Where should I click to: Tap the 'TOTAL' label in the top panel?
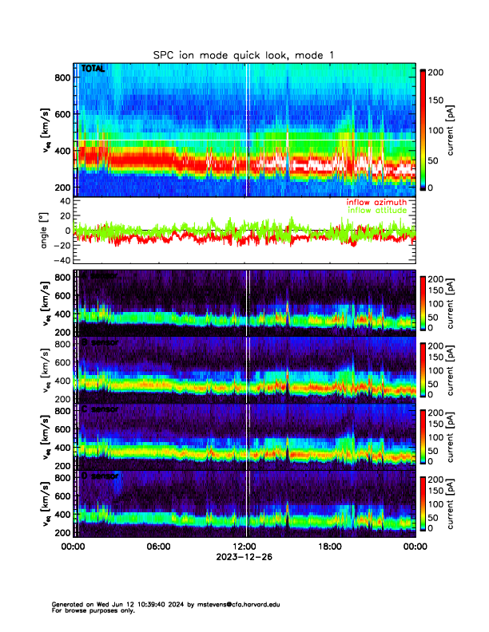click(x=93, y=69)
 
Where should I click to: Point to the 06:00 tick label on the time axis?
click(x=158, y=547)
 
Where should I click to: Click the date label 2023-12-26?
click(x=244, y=557)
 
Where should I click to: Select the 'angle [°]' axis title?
click(x=46, y=231)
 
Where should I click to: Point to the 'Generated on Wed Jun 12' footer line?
click(x=104, y=604)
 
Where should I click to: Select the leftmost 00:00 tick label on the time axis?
click(x=74, y=547)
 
